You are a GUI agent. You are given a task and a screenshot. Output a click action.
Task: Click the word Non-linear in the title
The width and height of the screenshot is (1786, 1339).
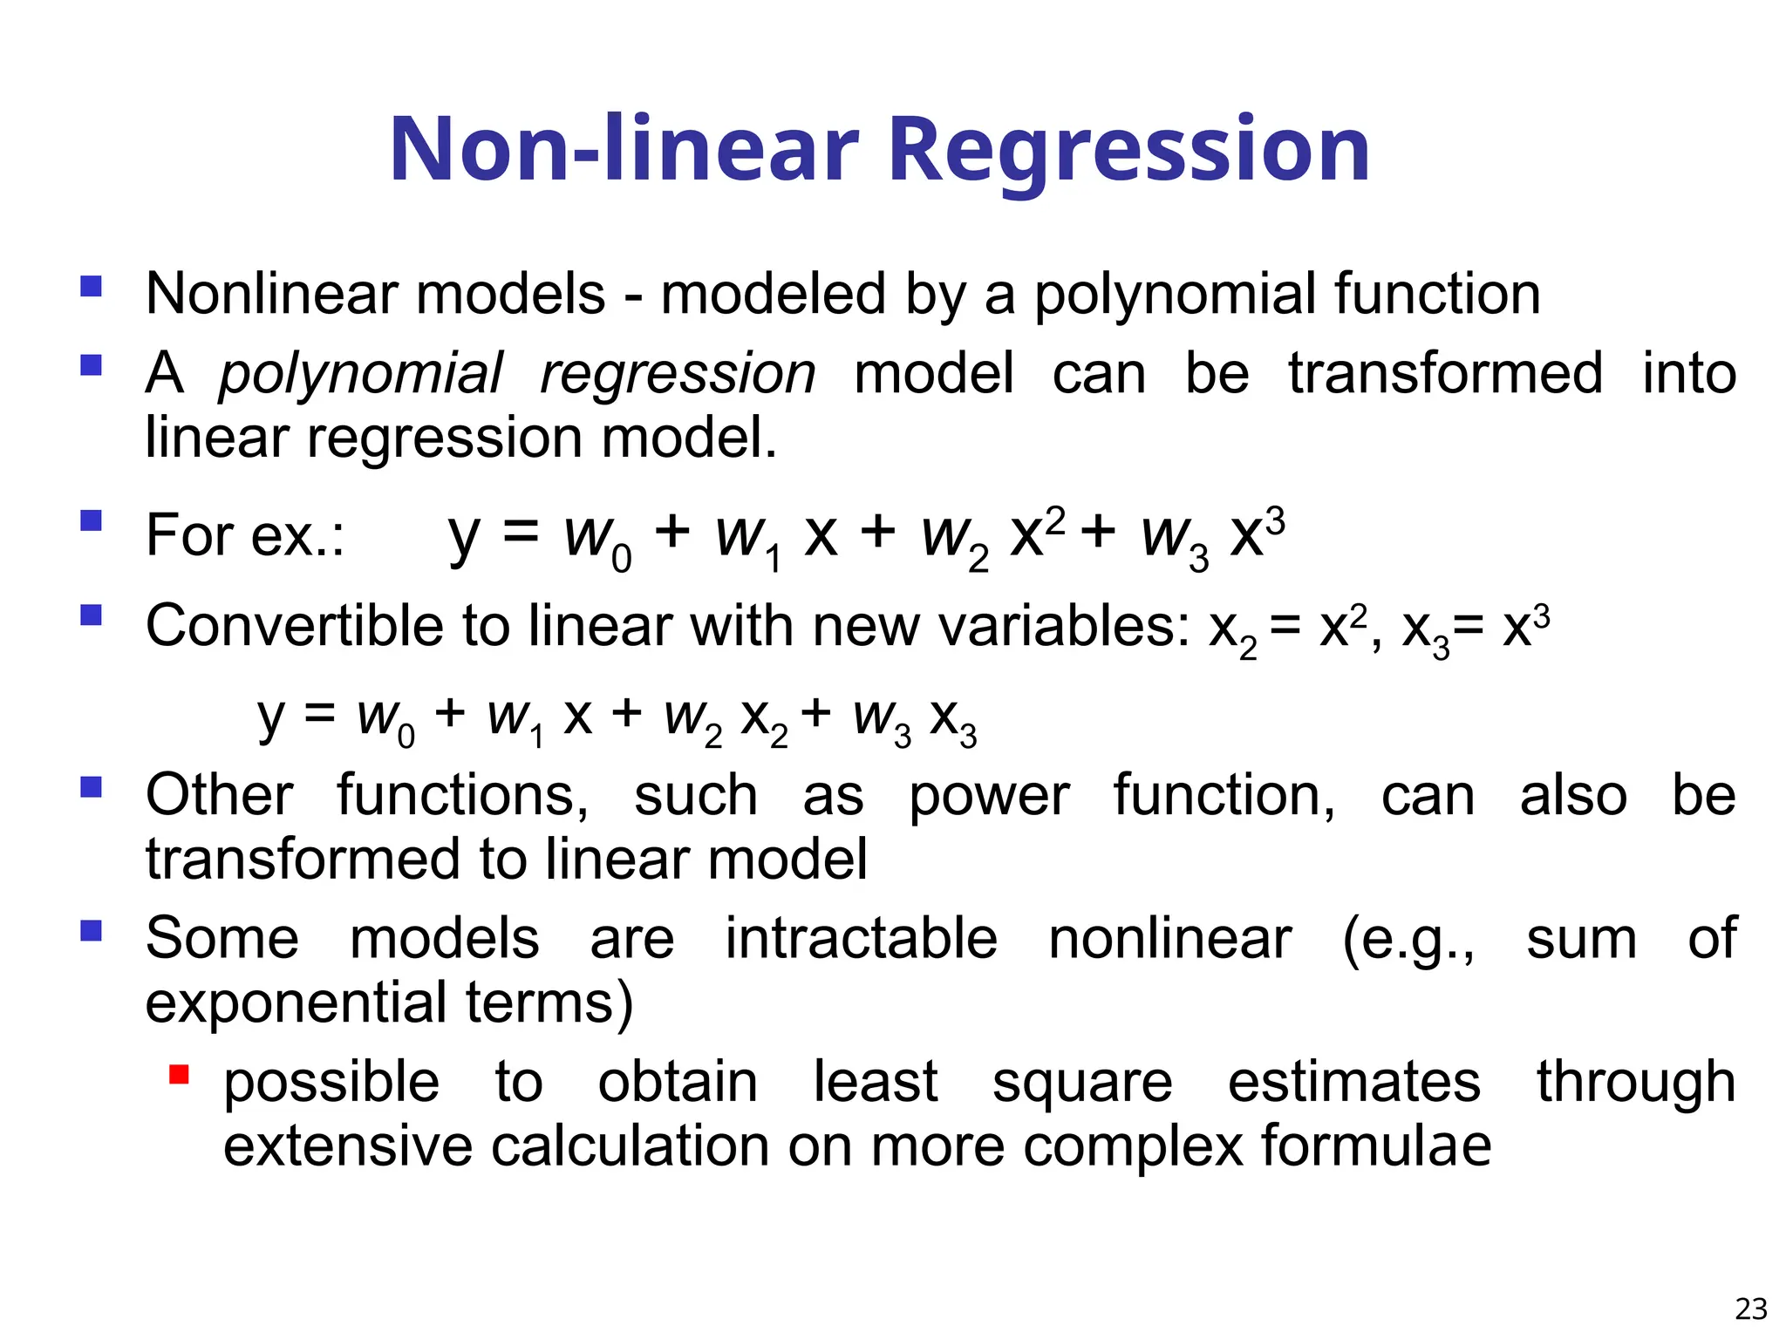(624, 150)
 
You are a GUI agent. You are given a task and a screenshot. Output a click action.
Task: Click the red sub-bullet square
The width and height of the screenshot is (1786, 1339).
(180, 1074)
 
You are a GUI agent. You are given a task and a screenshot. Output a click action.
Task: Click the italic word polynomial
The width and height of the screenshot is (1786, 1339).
(360, 374)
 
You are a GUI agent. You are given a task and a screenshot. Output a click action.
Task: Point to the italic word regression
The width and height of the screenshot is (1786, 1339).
(678, 374)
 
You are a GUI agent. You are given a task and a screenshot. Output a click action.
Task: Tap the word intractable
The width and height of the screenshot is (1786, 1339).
(861, 939)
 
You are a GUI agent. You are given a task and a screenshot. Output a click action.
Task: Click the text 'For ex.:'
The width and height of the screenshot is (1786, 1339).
(245, 535)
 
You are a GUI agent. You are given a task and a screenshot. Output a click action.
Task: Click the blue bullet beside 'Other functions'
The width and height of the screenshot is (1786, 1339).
(91, 788)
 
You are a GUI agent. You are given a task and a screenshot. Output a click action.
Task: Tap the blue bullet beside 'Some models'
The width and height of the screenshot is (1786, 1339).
(91, 931)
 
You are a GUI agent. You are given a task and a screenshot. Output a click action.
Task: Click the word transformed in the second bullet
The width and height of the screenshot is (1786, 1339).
(1445, 374)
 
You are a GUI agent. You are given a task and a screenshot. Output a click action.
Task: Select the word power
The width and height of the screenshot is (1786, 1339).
(988, 797)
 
